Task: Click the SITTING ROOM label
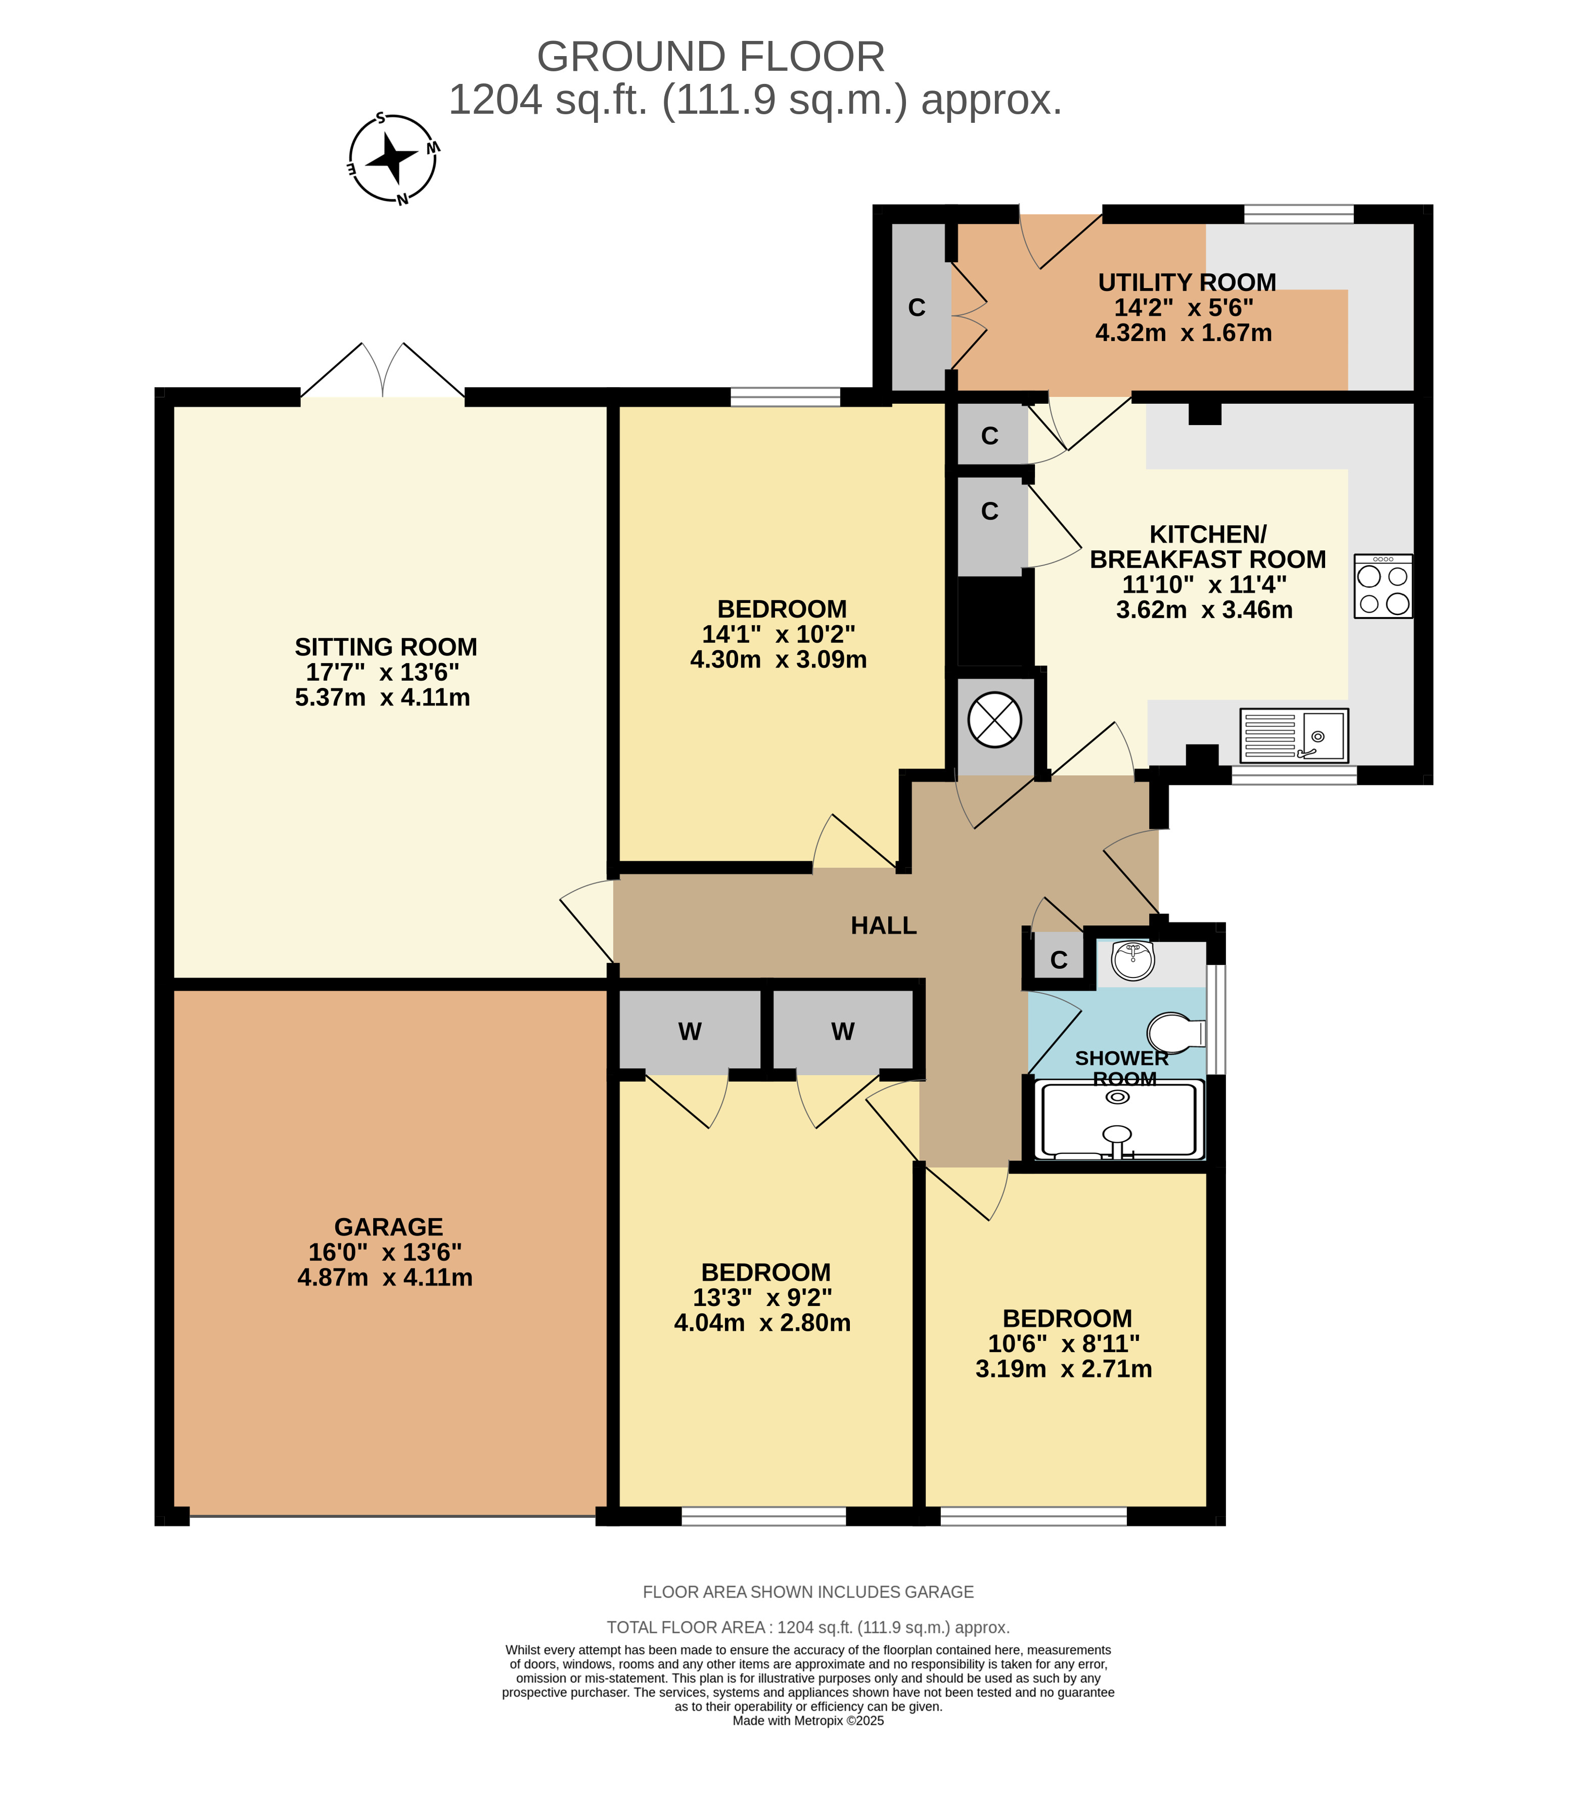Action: coord(386,646)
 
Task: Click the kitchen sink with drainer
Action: coord(1294,735)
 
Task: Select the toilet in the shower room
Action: coord(1176,1032)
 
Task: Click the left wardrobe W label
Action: coord(690,1032)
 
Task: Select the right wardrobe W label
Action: coord(843,1032)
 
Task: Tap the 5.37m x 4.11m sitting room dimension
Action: coord(383,697)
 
